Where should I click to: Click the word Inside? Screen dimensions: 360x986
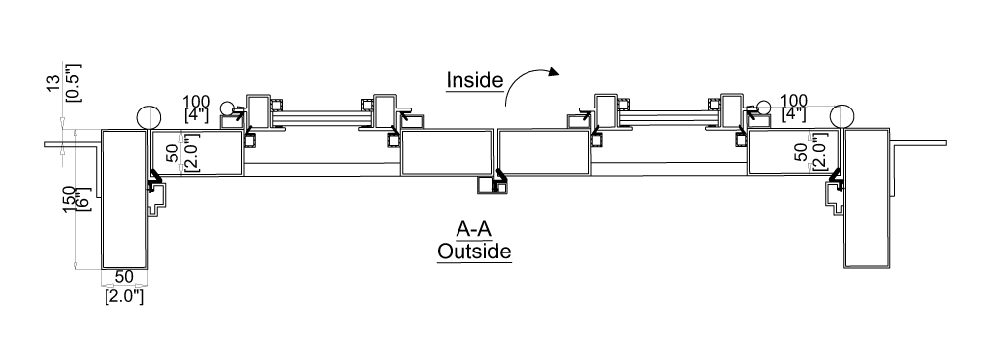pos(475,79)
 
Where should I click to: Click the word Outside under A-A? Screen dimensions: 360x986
pos(474,252)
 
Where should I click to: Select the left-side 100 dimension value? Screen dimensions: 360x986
pos(198,100)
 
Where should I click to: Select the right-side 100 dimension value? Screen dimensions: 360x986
pos(795,100)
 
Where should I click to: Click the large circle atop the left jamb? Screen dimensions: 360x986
pos(148,116)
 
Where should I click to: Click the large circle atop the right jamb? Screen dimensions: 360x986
pos(842,116)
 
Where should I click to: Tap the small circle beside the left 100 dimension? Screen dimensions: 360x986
pos(228,108)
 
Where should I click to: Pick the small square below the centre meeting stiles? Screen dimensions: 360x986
pos(485,184)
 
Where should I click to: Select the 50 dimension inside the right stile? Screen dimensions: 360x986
pos(800,153)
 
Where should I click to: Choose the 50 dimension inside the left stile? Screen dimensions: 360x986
pos(173,153)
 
